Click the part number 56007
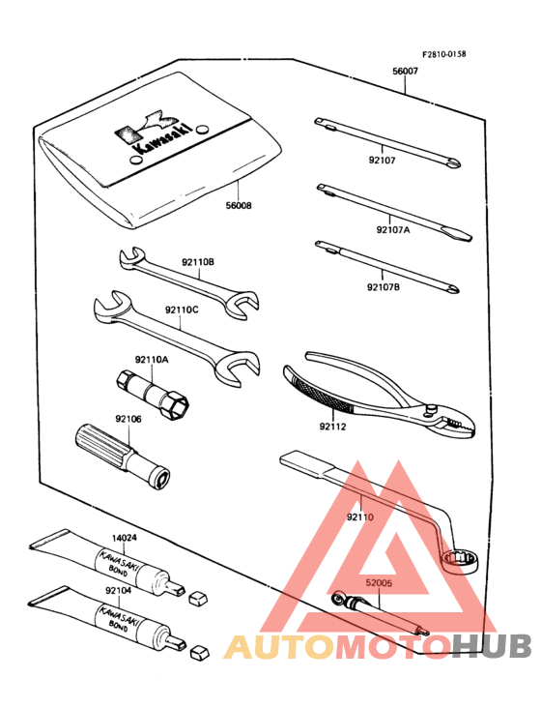click(x=406, y=72)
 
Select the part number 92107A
click(x=394, y=230)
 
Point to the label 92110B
click(x=197, y=262)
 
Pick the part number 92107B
click(x=384, y=286)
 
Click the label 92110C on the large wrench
click(x=181, y=310)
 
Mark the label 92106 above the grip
click(x=128, y=419)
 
